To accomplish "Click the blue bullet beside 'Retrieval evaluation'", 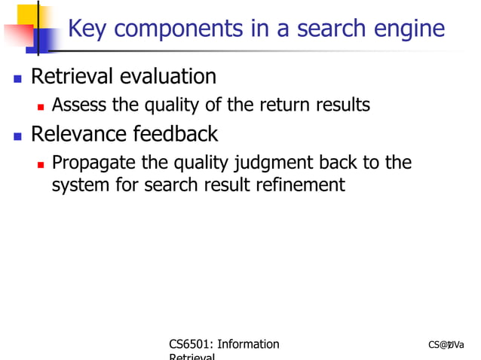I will coord(17,78).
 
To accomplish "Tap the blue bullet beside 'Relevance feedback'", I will coord(17,136).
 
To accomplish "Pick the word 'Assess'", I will coord(79,105).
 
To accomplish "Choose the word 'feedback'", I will coord(175,134).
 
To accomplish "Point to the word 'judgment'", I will coord(275,163).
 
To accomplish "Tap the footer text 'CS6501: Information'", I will coord(224,344).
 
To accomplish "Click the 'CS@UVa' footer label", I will coord(446,345).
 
